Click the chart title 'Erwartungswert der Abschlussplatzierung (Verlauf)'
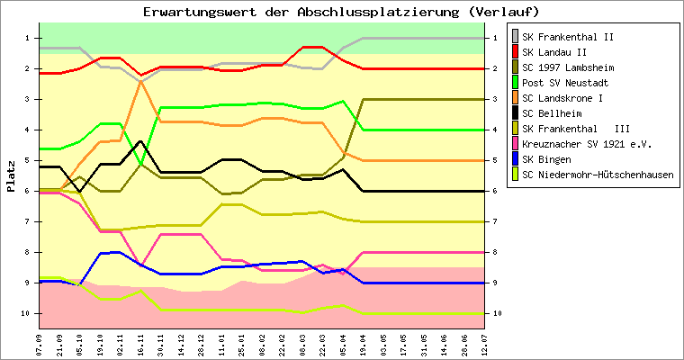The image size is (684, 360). click(341, 12)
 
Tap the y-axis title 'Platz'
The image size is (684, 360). click(11, 175)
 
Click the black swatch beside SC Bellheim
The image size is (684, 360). click(516, 113)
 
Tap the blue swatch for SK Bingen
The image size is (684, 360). click(516, 159)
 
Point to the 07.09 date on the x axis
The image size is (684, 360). click(39, 344)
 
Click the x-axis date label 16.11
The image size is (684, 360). click(140, 344)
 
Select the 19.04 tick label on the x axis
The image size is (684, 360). click(363, 344)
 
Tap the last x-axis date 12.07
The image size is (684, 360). click(484, 344)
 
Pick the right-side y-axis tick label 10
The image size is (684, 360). click(496, 313)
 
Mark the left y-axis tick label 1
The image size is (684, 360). click(27, 38)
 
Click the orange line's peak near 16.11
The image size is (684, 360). click(140, 81)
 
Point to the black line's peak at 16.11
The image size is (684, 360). click(140, 141)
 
